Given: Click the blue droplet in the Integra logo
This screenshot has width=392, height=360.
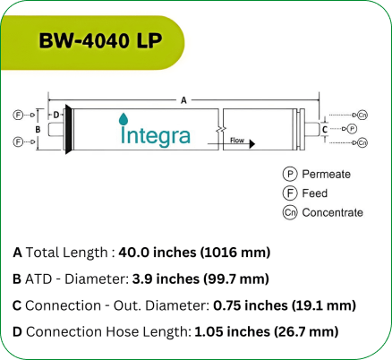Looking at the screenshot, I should click(x=124, y=119).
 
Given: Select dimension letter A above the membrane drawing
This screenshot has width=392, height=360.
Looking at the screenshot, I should click(x=183, y=100).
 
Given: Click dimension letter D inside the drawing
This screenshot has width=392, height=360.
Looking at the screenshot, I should click(x=55, y=115).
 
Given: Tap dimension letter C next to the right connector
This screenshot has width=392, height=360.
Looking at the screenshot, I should click(x=323, y=129).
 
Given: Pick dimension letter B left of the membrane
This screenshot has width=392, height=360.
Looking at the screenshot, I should click(x=38, y=129).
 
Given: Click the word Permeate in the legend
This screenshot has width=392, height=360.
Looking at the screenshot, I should click(x=326, y=175).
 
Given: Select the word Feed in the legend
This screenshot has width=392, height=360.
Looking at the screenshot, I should click(x=314, y=193).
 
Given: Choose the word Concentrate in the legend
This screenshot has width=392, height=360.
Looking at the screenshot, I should click(x=332, y=212).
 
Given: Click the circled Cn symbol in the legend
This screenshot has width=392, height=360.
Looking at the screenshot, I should click(x=289, y=212).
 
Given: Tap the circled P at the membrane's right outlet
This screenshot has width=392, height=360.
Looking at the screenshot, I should click(x=352, y=129).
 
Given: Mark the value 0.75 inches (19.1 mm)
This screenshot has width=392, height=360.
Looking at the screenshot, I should click(x=285, y=305).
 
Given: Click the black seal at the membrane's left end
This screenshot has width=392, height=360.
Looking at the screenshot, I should click(x=69, y=129).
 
